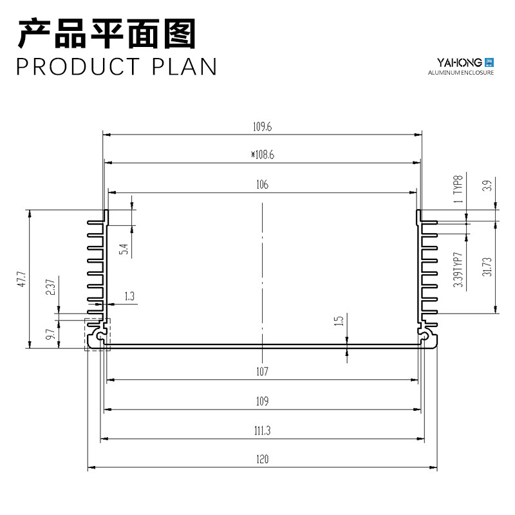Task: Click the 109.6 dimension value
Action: (x=262, y=126)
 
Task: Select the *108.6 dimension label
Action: (x=262, y=154)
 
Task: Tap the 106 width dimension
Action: (x=262, y=184)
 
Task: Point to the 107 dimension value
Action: (x=262, y=371)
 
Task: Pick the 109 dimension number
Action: (x=262, y=401)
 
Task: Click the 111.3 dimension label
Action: (x=262, y=430)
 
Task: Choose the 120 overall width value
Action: (x=262, y=459)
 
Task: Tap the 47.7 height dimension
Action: (x=21, y=279)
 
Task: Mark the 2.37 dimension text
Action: (x=50, y=287)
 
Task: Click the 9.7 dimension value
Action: (x=50, y=334)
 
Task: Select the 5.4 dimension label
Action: (x=124, y=249)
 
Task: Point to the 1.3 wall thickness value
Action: (x=129, y=296)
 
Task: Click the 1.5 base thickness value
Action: (x=339, y=321)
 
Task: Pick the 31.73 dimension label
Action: (x=487, y=267)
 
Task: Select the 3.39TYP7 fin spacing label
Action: (x=458, y=270)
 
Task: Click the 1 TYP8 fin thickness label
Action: (x=458, y=189)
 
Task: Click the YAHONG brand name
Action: (x=459, y=62)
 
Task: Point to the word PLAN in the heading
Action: (x=184, y=67)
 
